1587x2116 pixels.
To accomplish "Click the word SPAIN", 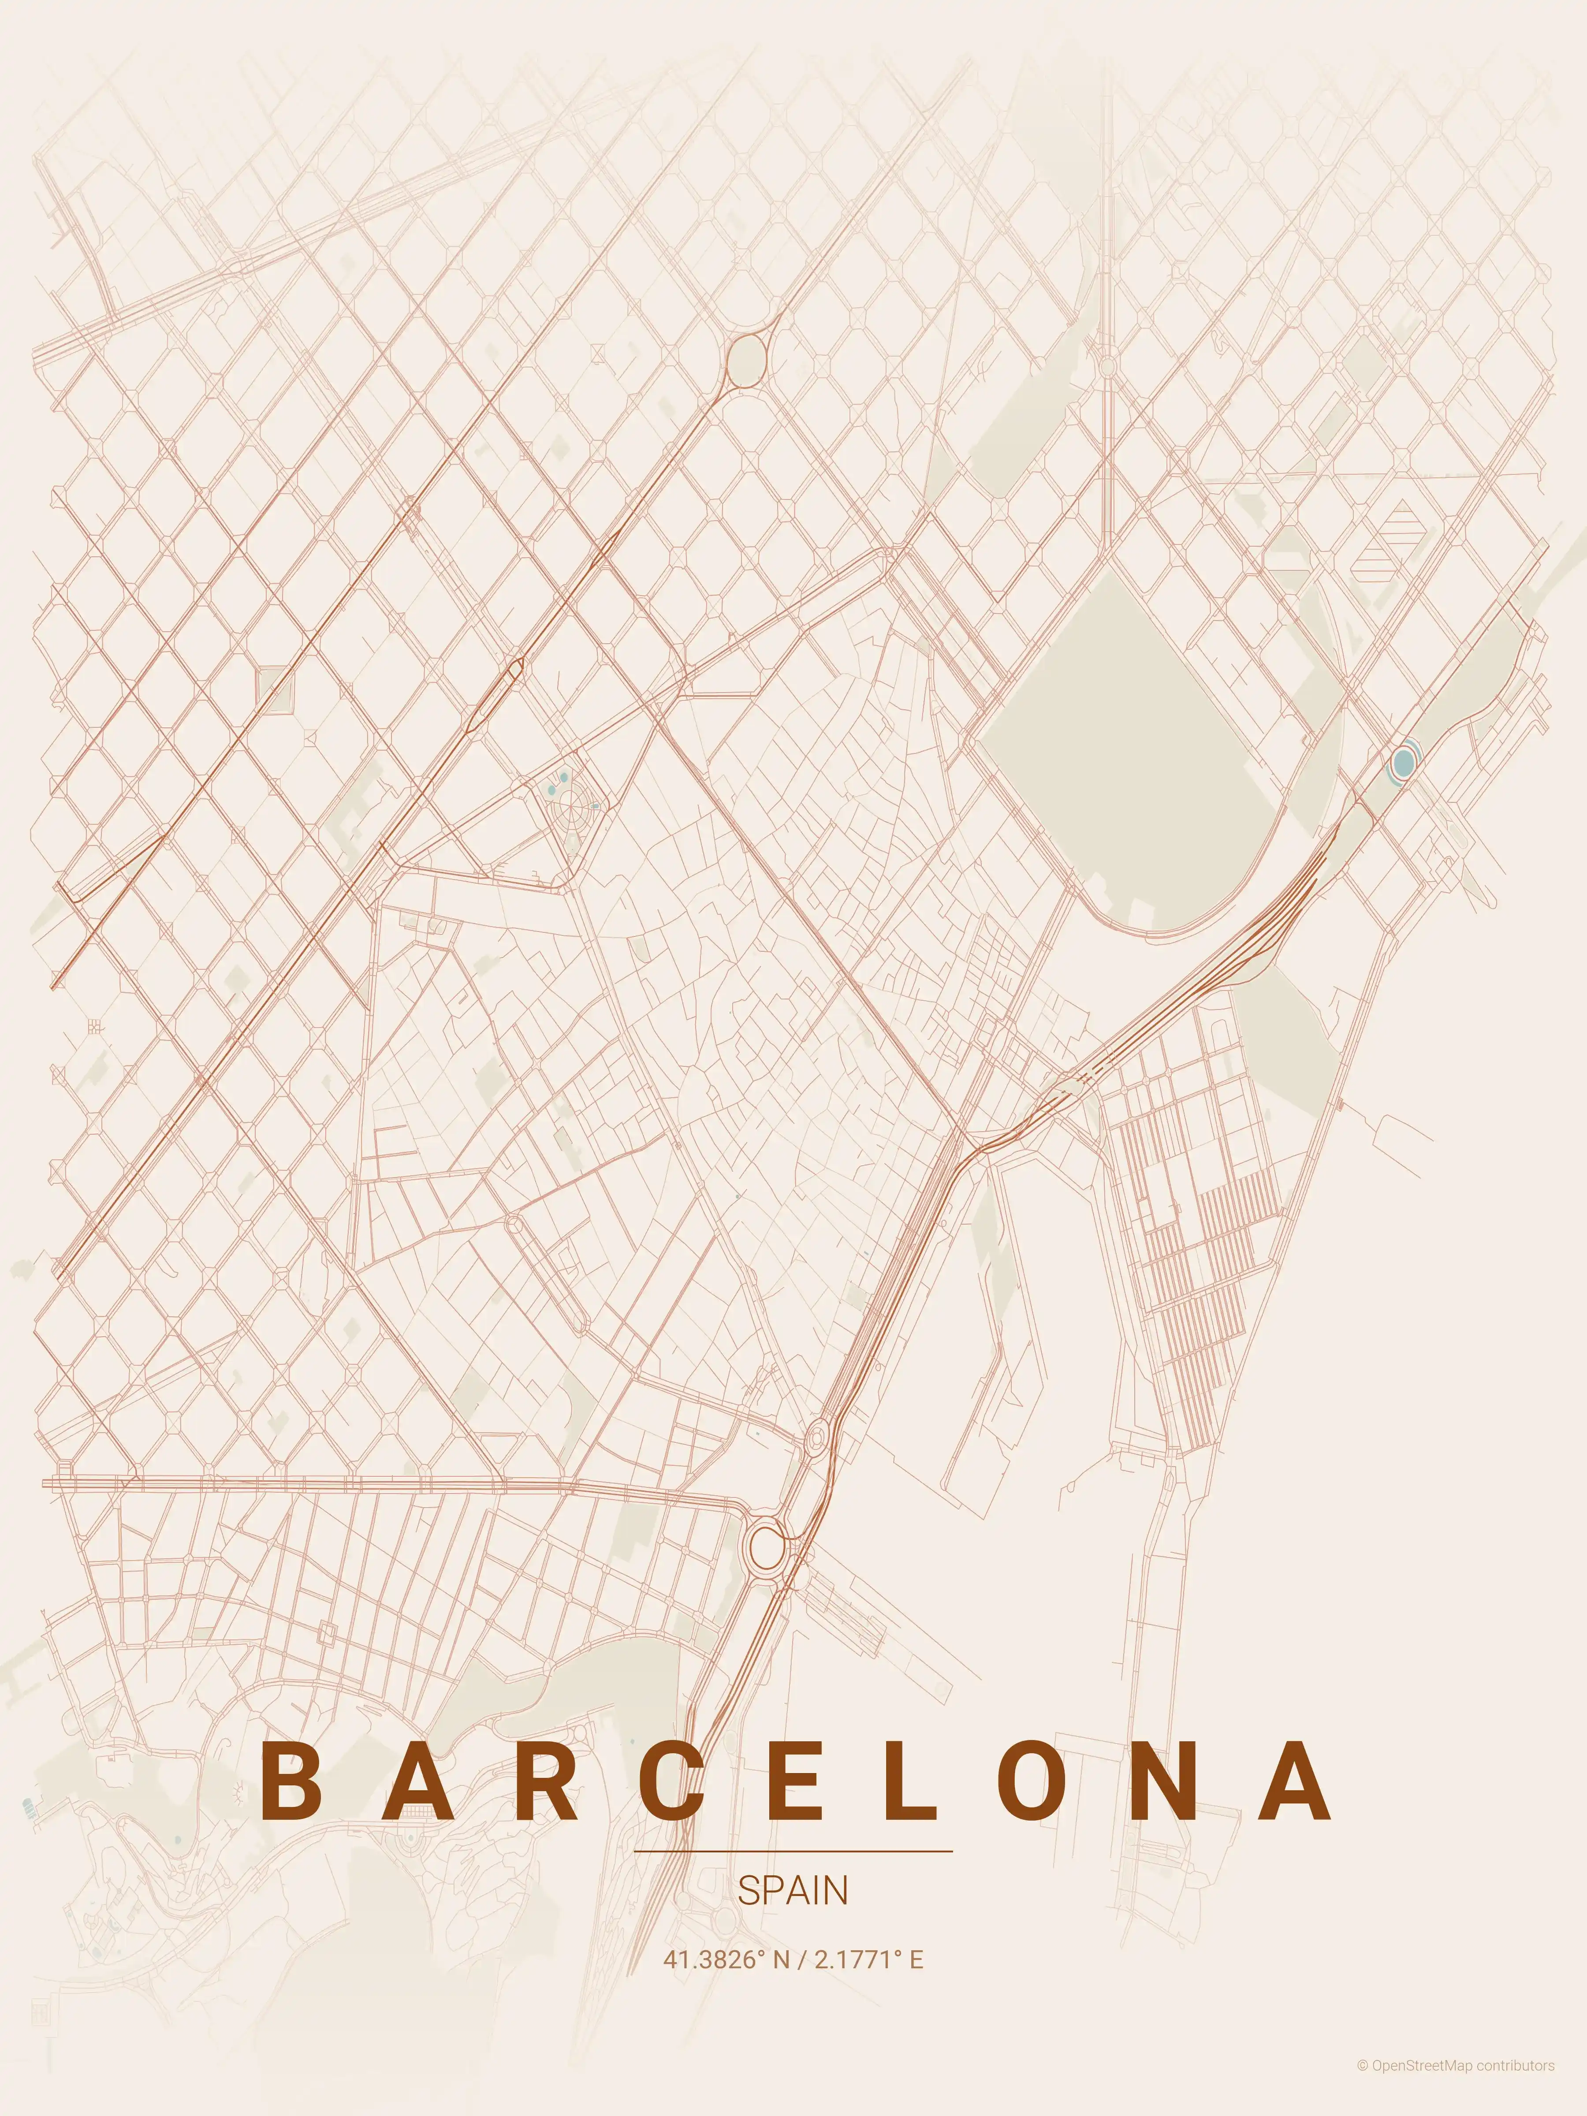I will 793,1890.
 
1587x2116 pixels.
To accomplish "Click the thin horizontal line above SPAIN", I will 793,1851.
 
